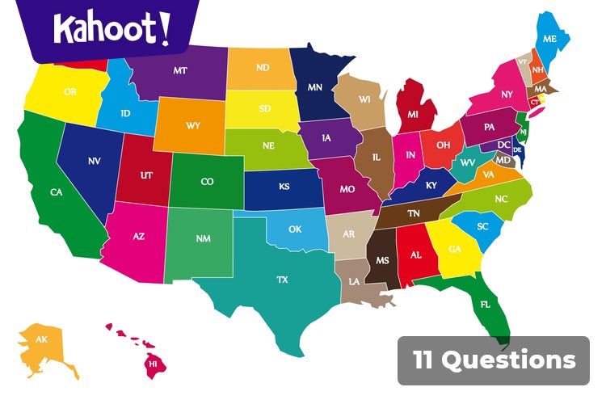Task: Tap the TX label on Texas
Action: (282, 280)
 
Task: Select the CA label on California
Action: (56, 192)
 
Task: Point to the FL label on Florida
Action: (486, 305)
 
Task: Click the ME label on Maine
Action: (550, 39)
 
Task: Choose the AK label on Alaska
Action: (42, 339)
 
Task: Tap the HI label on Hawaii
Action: (152, 364)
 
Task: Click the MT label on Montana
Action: (179, 70)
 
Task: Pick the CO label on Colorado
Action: (207, 182)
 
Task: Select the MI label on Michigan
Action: (413, 115)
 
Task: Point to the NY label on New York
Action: (507, 95)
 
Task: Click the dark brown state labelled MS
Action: (381, 260)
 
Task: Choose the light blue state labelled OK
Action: (295, 229)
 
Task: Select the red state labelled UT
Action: (146, 175)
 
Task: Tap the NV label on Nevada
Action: (95, 161)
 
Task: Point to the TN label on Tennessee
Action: (413, 213)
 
